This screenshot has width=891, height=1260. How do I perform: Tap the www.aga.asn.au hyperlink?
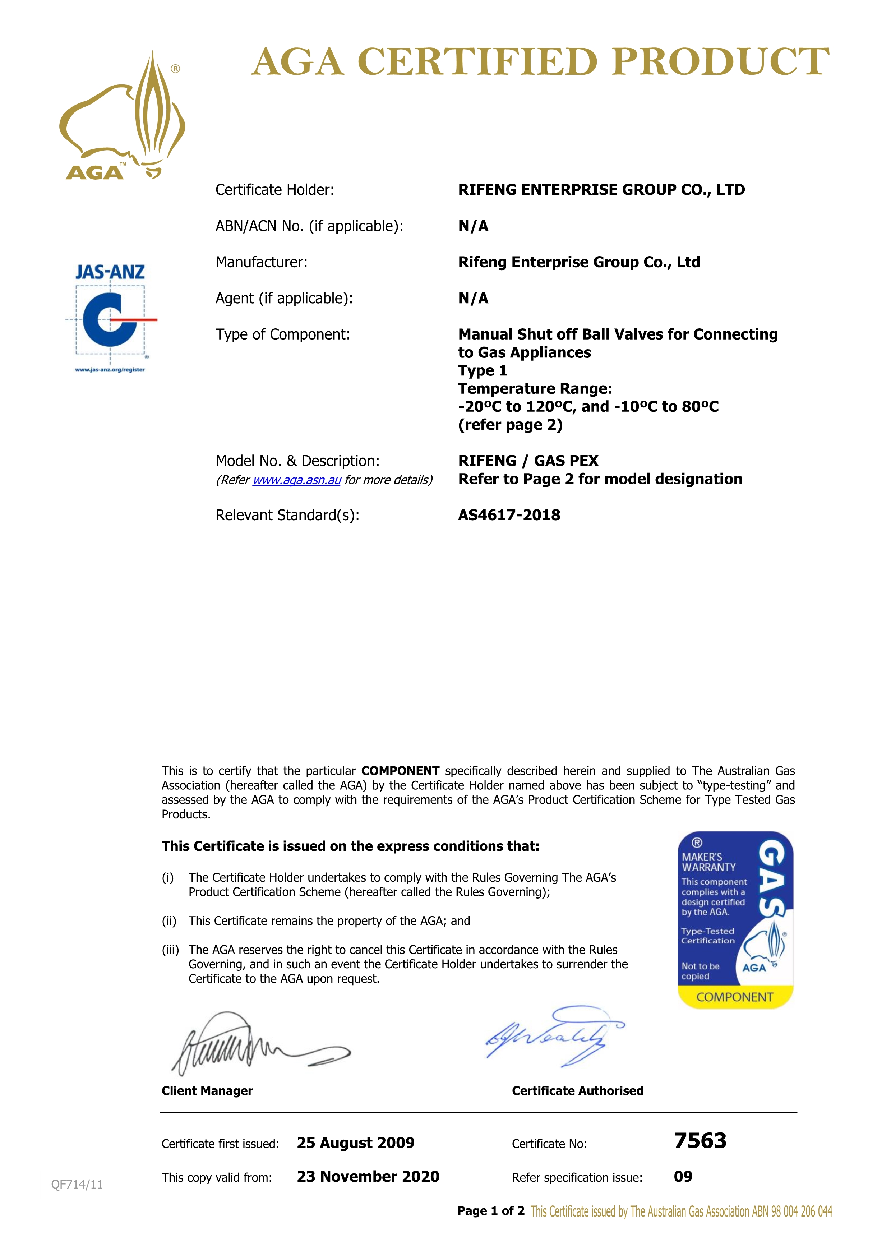tap(297, 480)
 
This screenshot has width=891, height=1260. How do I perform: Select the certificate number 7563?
tap(700, 1141)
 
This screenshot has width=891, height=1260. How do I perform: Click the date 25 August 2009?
tap(356, 1143)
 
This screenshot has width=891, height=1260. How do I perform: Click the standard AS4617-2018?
tap(509, 515)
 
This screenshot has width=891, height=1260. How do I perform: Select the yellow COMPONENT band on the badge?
tap(735, 997)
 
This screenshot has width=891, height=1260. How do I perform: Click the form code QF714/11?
tap(77, 1184)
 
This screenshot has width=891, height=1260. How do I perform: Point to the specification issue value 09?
tap(683, 1177)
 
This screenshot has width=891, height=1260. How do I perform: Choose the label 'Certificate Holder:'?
tap(275, 190)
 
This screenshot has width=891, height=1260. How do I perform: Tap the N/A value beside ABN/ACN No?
tap(473, 226)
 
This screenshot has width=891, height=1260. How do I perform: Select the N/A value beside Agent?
tap(473, 299)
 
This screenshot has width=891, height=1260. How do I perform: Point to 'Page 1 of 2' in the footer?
tap(490, 1211)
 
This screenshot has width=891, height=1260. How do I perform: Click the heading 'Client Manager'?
tap(207, 1090)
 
